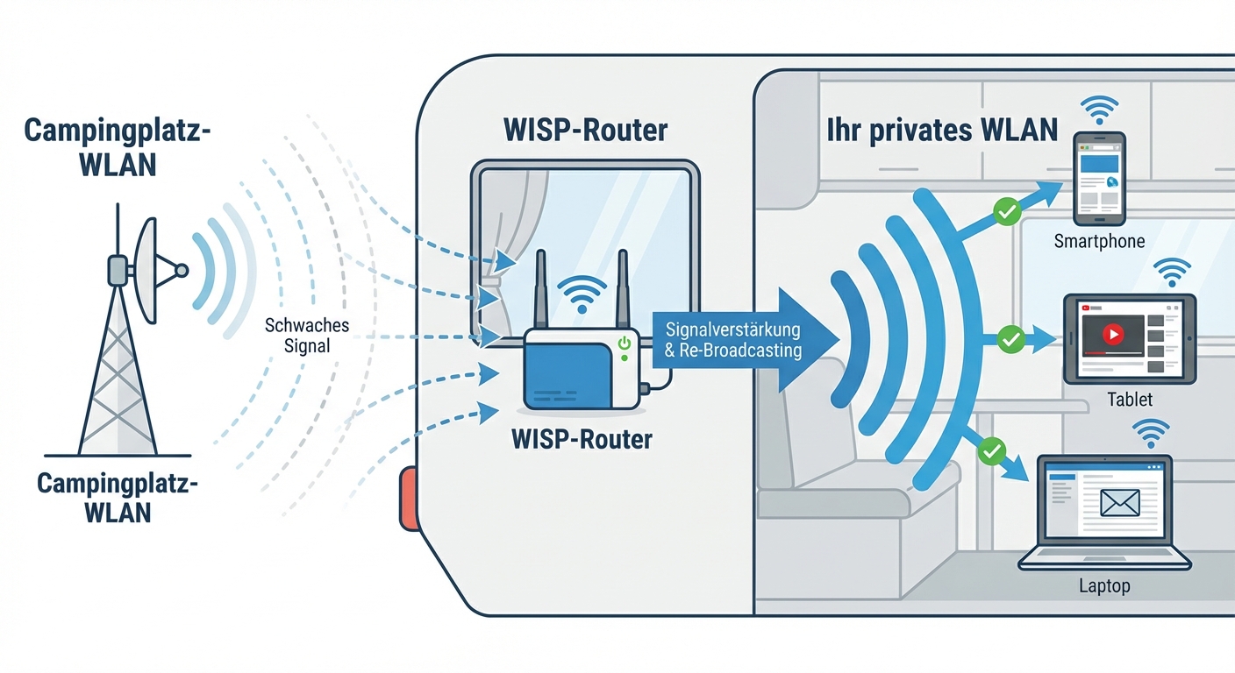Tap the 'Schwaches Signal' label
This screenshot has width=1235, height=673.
click(307, 336)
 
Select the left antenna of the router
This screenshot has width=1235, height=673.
click(540, 289)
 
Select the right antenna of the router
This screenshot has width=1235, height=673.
click(623, 289)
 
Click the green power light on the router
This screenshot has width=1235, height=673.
click(625, 344)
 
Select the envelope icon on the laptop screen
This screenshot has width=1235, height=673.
click(1119, 502)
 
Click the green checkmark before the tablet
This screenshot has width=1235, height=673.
click(1011, 338)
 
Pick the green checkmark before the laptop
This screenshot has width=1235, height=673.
click(991, 451)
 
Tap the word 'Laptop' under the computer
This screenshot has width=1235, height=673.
click(1104, 585)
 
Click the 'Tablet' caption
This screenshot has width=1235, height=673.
click(1130, 400)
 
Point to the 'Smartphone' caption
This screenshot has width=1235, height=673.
click(1100, 241)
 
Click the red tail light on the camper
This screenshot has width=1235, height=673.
click(409, 499)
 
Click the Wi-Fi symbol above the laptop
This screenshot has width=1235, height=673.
click(1151, 432)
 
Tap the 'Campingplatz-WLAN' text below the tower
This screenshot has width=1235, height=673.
click(118, 496)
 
